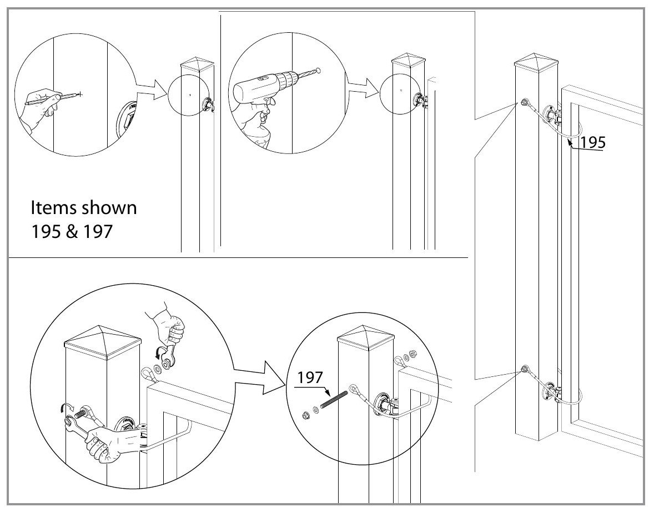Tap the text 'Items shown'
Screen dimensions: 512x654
click(x=83, y=210)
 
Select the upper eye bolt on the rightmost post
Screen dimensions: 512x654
click(x=524, y=103)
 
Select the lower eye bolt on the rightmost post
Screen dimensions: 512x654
click(x=525, y=369)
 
